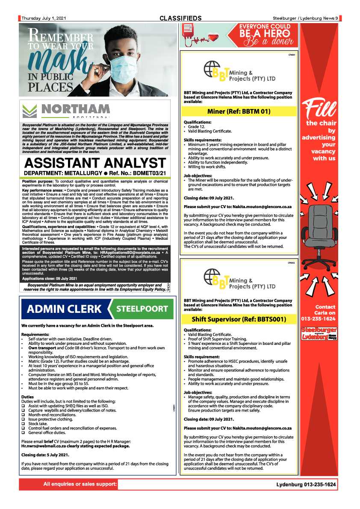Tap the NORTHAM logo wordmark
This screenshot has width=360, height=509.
75,109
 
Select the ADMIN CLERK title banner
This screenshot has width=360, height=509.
64,309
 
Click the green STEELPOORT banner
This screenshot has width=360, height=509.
142,309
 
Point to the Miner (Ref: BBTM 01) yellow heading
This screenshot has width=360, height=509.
239,112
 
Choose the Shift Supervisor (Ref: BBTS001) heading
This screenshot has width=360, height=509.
239,319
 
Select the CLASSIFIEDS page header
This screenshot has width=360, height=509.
180,18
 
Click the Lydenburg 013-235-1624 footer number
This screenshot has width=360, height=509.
306,485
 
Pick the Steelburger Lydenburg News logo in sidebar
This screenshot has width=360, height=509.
319,333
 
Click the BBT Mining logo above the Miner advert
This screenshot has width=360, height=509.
239,71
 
